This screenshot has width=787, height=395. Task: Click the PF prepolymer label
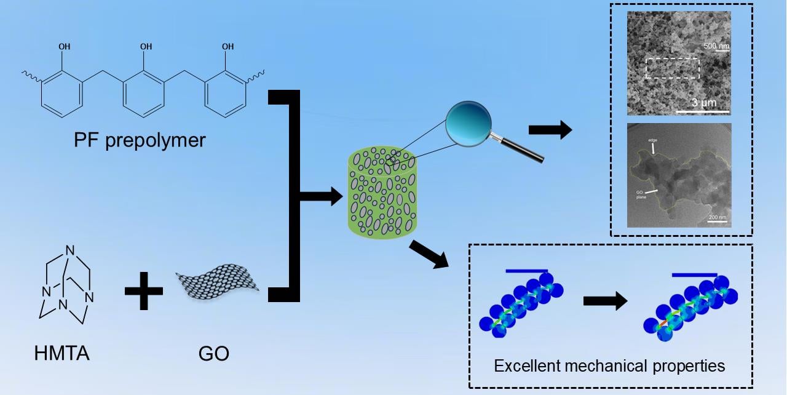click(x=138, y=140)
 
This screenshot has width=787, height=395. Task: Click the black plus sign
click(x=144, y=289)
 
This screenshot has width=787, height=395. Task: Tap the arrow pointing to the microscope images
click(x=549, y=131)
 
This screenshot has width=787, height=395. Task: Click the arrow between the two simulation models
click(x=604, y=301)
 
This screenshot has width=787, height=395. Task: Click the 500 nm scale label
click(x=716, y=46)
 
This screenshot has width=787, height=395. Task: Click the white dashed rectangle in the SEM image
click(x=673, y=68)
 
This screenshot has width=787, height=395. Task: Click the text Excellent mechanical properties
click(x=610, y=366)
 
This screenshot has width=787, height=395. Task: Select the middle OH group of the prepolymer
click(x=146, y=46)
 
